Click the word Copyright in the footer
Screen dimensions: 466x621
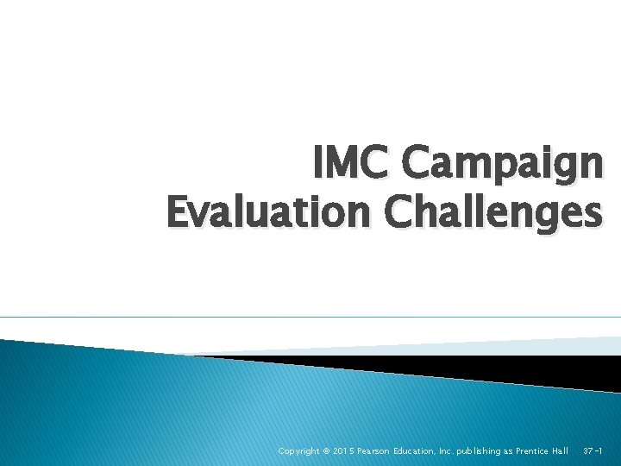298,451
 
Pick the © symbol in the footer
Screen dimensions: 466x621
326,451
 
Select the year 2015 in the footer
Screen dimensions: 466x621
343,451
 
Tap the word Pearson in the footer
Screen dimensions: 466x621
376,451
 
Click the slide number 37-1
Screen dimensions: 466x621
593,451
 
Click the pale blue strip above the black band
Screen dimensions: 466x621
552,346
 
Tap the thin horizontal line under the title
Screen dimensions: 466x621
310,318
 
